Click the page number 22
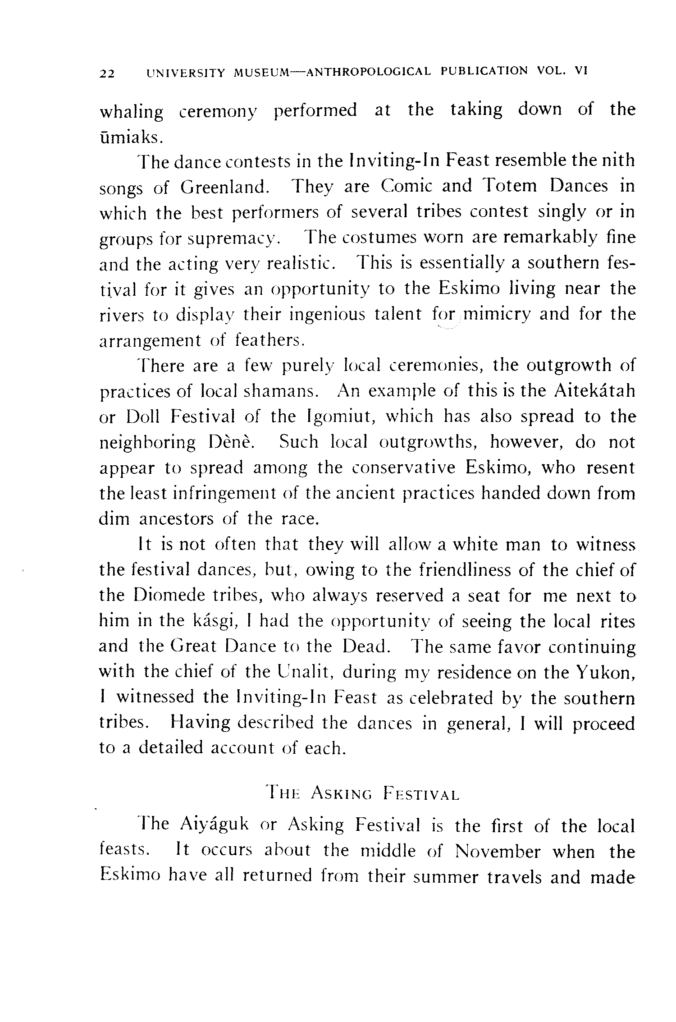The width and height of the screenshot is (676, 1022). point(107,73)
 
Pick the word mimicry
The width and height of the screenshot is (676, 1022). point(497,314)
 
